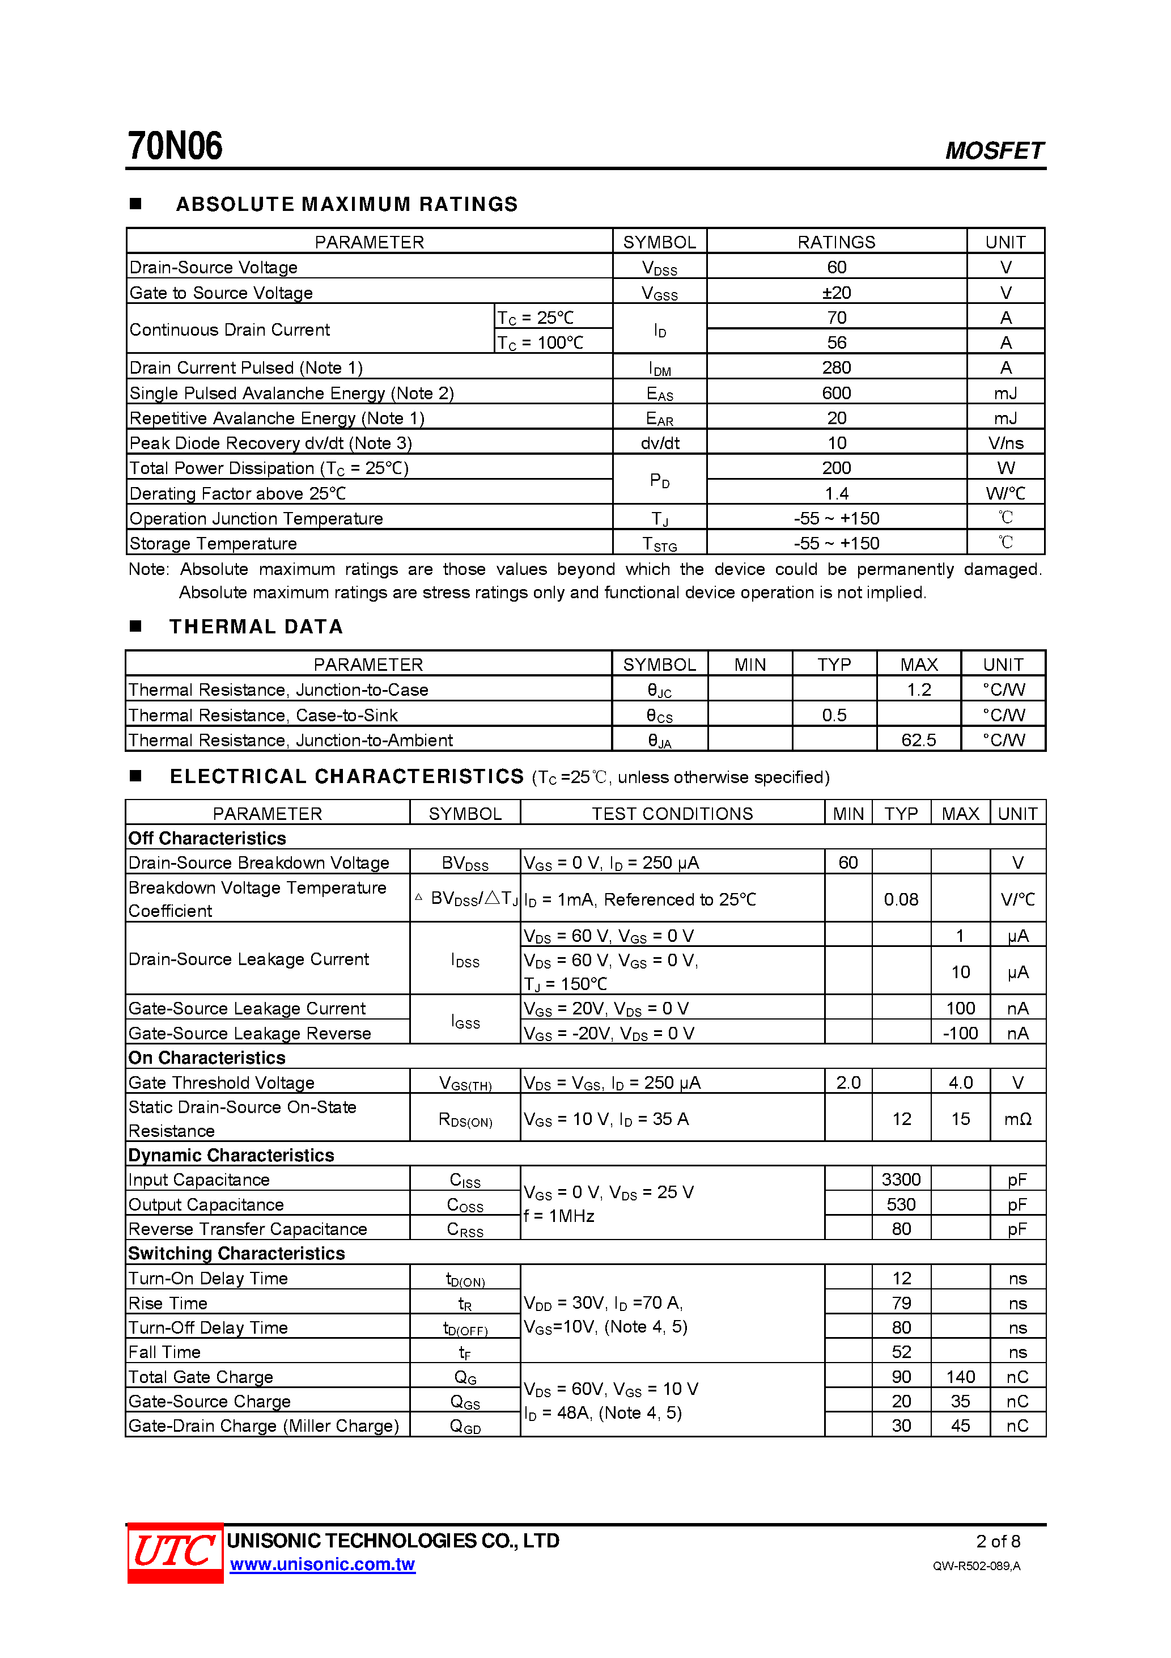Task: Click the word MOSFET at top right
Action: click(x=994, y=150)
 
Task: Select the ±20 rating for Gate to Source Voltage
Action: click(x=836, y=293)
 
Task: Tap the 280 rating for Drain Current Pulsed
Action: click(x=836, y=367)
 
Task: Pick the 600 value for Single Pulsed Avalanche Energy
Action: click(x=836, y=393)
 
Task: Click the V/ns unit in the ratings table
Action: click(x=1005, y=443)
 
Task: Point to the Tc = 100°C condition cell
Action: click(x=540, y=342)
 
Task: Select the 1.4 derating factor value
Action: click(x=836, y=493)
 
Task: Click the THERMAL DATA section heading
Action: click(x=256, y=626)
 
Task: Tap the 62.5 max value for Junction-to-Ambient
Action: click(x=918, y=739)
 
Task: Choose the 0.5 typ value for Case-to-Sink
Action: click(x=834, y=715)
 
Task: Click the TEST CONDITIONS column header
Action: click(x=672, y=813)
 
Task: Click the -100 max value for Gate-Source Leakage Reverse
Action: click(x=960, y=1033)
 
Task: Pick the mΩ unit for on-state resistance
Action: click(x=1017, y=1119)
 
